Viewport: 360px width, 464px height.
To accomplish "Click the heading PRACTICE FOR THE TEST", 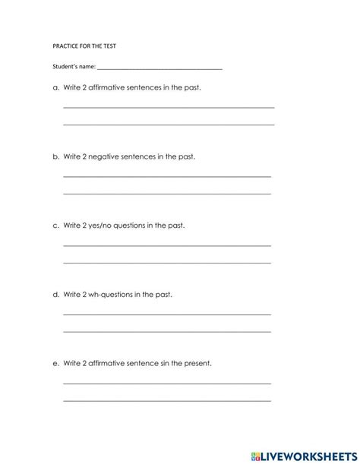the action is click(84, 46).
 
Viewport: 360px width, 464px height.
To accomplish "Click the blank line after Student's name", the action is click(160, 69).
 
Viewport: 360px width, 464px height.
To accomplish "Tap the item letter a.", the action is click(55, 88).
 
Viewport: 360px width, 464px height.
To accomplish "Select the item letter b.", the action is click(55, 156).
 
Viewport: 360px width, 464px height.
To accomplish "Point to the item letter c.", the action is click(55, 226).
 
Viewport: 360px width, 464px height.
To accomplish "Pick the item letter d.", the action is click(55, 294).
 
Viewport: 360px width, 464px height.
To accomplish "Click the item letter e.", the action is click(55, 363).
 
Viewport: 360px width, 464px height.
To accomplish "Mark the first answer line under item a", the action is click(168, 107).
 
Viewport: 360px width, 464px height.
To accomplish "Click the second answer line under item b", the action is click(166, 193).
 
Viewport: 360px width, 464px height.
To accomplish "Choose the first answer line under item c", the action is click(166, 245).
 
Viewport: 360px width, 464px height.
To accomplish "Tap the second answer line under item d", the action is click(166, 331).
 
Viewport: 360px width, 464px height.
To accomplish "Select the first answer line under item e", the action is click(166, 383).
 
